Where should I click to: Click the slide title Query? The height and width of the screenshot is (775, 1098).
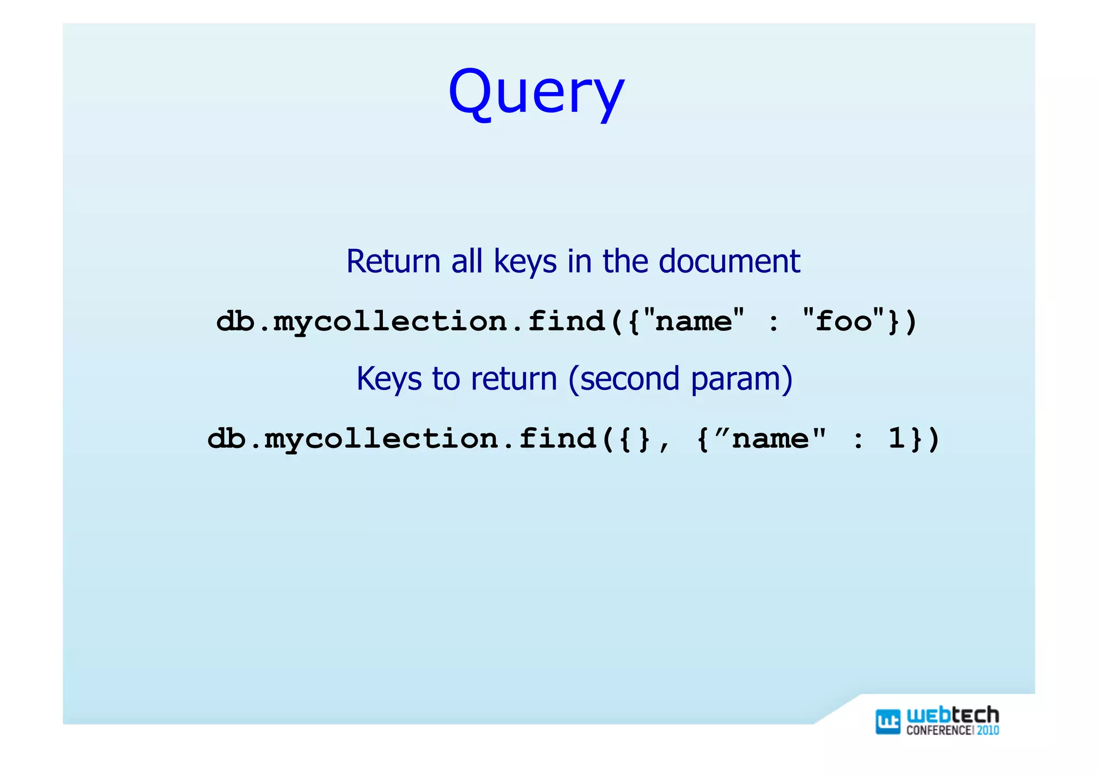coord(536,92)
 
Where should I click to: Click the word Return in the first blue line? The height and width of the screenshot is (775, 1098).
coord(393,261)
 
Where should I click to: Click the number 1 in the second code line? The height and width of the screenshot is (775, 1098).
coord(896,438)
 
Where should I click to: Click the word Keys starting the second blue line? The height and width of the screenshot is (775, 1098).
coord(389,379)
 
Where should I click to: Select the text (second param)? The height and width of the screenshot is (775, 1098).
coord(680,379)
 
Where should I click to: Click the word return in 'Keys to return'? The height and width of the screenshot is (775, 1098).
coord(514,379)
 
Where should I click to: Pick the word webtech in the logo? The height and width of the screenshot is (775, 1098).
coord(952,715)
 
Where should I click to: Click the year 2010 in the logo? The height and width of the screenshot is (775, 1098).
coord(988,731)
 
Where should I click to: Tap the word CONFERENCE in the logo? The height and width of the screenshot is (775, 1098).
coord(938,731)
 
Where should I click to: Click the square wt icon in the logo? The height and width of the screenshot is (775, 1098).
coord(887,721)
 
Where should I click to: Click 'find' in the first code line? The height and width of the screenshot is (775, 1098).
coord(566,321)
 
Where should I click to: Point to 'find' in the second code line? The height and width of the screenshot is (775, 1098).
coord(558,438)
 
